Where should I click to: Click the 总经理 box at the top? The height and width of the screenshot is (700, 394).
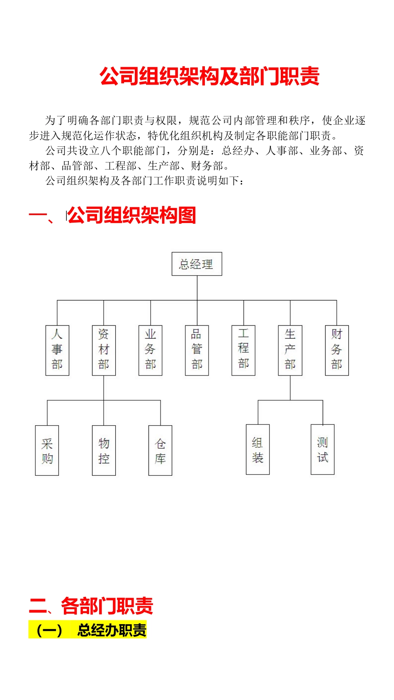197,264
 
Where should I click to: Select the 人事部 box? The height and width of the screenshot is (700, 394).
57,350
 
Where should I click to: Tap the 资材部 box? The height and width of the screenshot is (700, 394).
104,350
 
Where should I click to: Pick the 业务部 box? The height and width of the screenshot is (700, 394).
150,350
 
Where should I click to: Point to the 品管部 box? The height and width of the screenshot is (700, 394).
197,350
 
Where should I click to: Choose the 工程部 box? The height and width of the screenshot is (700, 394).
243,350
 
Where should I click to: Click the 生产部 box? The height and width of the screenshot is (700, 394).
290,350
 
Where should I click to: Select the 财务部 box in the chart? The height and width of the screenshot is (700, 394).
337,350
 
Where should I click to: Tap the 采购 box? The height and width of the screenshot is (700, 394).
47,451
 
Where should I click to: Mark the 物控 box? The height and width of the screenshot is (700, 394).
104,451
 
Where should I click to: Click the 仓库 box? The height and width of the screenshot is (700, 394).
160,451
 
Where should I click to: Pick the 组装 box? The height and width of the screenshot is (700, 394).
258,450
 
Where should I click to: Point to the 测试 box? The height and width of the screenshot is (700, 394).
323,450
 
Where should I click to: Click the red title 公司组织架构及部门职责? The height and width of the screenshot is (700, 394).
209,77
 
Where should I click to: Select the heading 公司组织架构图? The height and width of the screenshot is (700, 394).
131,216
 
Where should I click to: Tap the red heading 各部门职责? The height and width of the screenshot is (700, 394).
107,606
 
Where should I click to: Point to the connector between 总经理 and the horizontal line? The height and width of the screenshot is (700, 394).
197,288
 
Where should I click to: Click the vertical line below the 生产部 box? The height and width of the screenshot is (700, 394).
290,388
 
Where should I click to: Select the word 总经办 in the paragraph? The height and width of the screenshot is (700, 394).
238,151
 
